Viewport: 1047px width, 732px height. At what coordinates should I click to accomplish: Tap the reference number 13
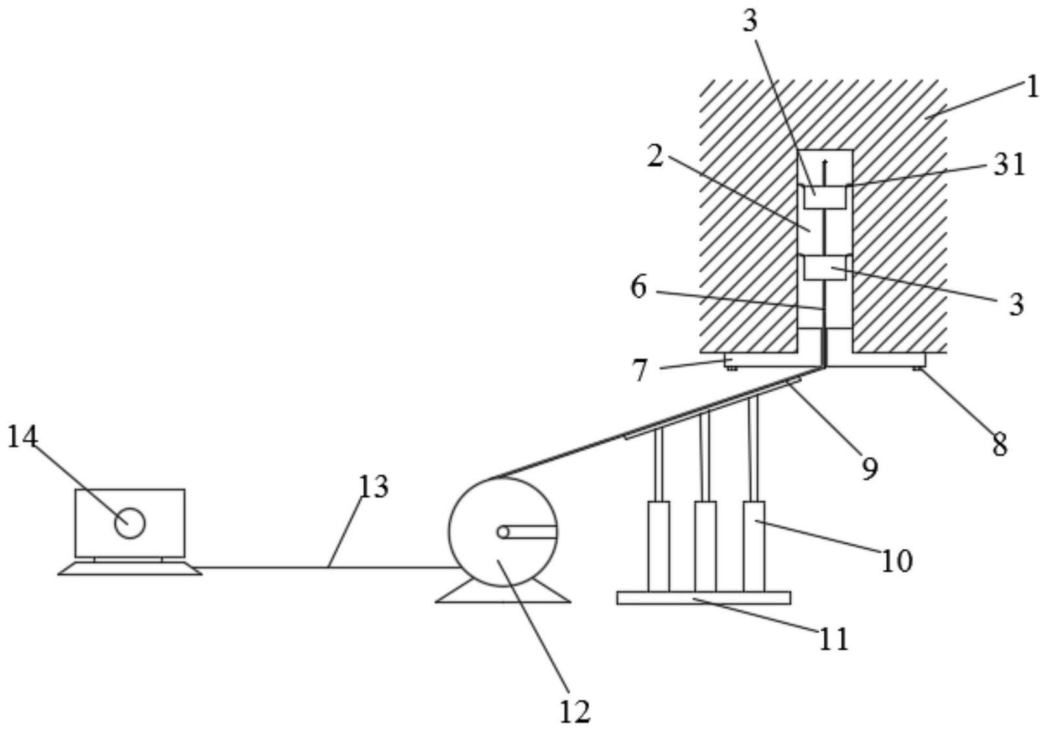tap(373, 486)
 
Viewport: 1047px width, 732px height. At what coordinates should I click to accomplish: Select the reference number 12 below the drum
tap(575, 712)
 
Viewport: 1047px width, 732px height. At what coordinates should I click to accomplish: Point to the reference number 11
tap(834, 639)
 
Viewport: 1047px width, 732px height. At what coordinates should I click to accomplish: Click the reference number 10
tap(897, 561)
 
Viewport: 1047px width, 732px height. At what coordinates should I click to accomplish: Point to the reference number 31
tap(1009, 165)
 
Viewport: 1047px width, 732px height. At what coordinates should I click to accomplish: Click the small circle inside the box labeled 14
tap(130, 523)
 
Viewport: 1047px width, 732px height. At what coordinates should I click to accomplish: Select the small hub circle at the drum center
tap(503, 533)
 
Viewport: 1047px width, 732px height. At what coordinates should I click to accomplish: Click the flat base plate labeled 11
tap(704, 598)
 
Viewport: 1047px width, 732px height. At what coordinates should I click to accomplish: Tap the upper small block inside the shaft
tap(825, 197)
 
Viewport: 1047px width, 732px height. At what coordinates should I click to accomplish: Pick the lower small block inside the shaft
tap(825, 268)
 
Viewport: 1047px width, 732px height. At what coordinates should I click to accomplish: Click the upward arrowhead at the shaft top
tap(826, 162)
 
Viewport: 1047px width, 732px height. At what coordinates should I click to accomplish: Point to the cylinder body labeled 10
tap(754, 546)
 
